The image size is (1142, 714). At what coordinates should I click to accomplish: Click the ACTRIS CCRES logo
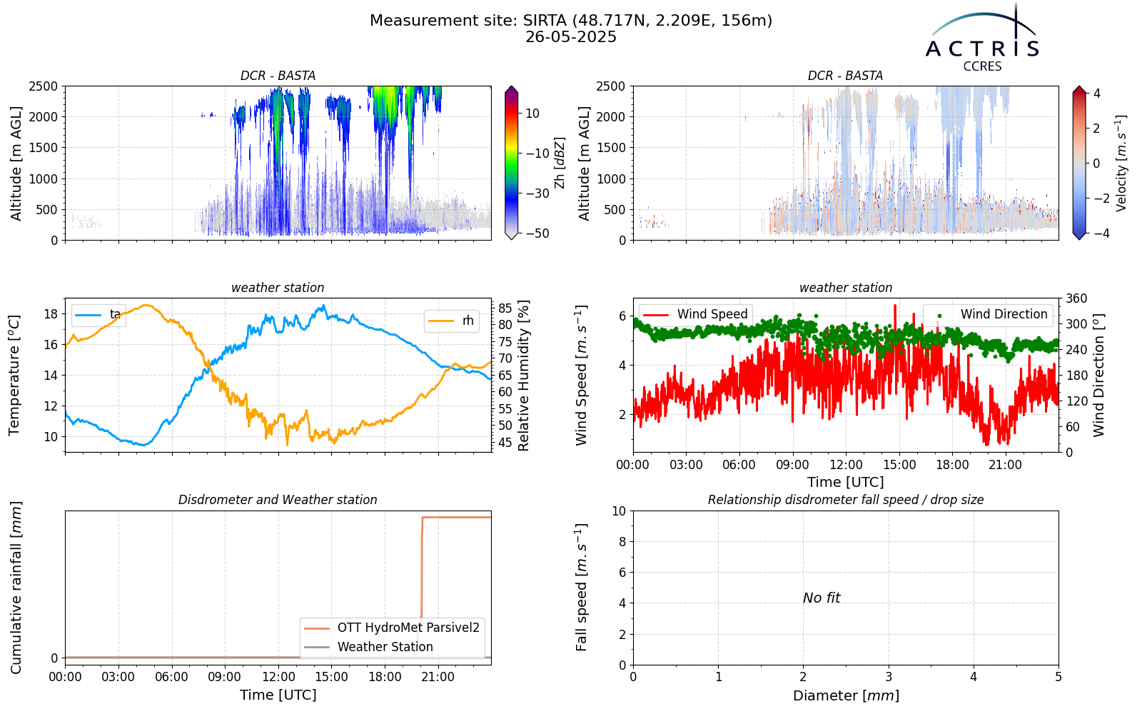point(982,39)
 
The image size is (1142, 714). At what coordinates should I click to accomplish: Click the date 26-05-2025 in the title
point(571,37)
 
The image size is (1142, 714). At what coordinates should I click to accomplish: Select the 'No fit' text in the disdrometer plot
point(822,598)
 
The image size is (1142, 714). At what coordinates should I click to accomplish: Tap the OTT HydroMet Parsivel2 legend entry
point(392,628)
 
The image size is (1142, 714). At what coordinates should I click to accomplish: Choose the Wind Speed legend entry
point(695,314)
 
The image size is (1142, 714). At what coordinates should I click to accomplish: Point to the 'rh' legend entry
point(451,321)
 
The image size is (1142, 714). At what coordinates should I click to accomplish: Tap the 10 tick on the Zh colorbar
point(532,114)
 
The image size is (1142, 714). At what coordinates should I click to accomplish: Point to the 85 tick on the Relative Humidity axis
point(505,308)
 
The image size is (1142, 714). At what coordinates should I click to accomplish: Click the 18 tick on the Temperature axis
point(51,313)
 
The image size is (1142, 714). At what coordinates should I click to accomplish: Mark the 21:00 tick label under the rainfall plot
point(438,678)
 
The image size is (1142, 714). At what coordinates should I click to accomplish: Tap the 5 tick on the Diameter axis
point(1058,678)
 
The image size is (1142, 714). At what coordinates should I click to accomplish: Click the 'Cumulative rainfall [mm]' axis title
point(16,588)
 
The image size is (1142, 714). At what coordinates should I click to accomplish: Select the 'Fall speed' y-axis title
point(582,588)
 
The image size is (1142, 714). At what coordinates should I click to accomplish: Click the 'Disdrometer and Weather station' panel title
point(278,500)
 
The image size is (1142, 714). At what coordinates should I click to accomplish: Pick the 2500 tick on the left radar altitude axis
point(44,86)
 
